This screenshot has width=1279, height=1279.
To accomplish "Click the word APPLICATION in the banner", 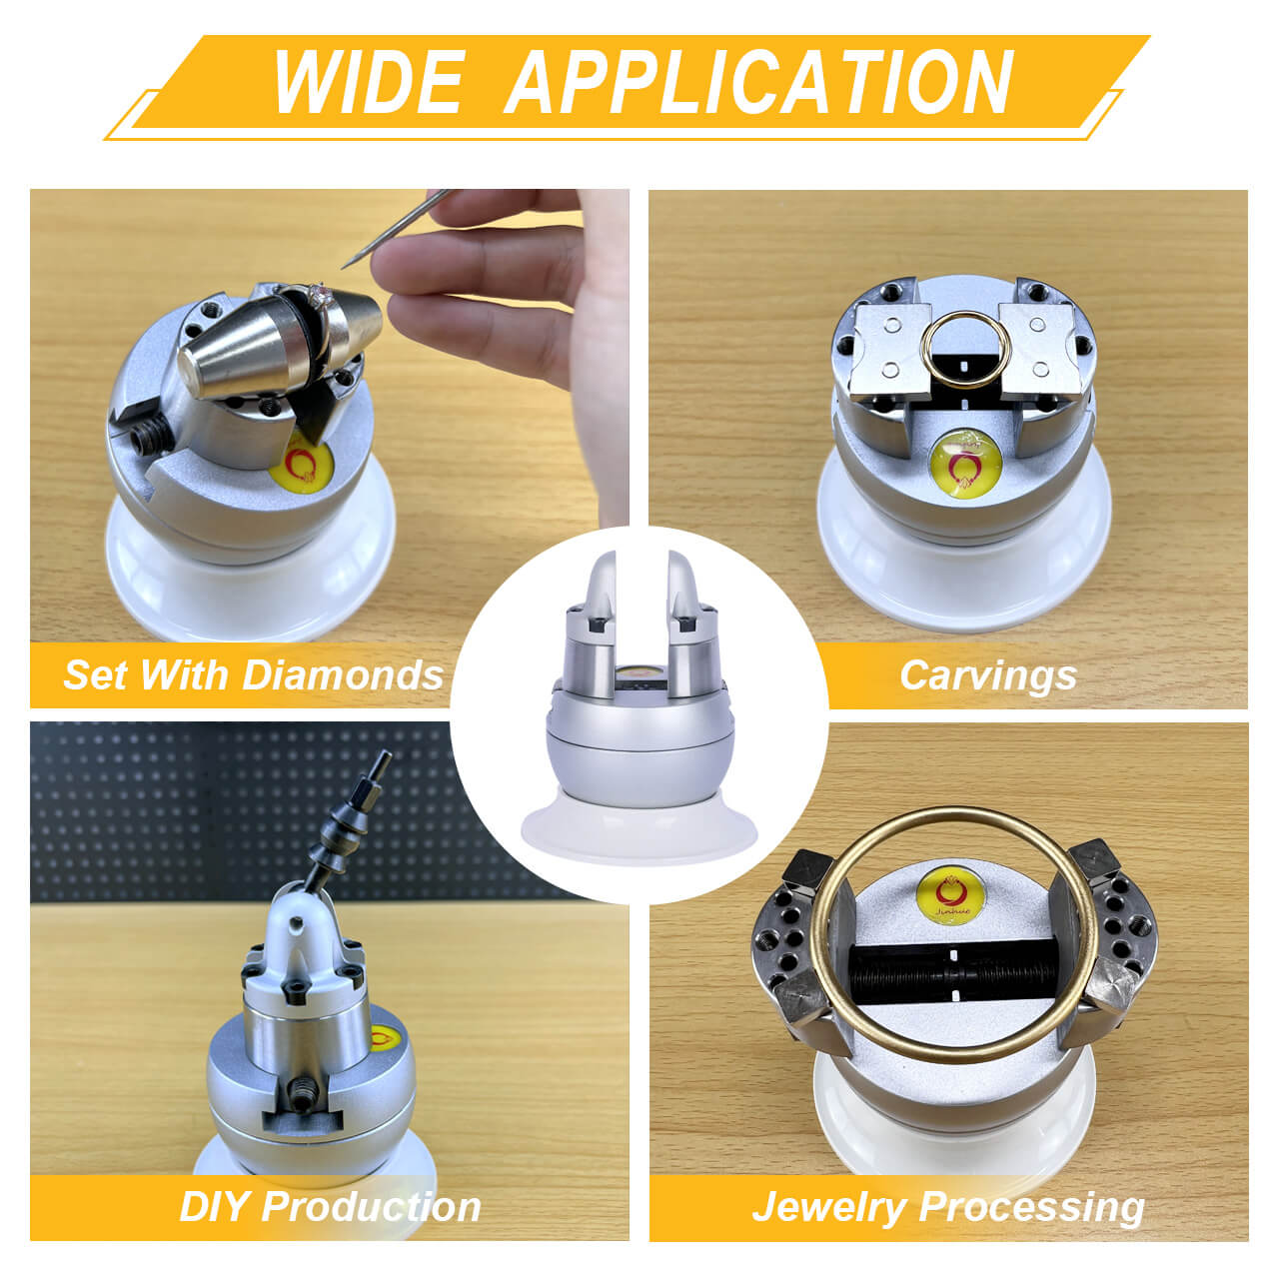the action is pyautogui.click(x=758, y=82).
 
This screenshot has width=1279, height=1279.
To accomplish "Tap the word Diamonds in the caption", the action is pyautogui.click(x=343, y=675).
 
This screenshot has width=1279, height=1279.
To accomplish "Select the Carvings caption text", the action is pyautogui.click(x=987, y=676).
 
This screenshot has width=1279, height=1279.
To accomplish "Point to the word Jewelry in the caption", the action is pyautogui.click(x=829, y=1208).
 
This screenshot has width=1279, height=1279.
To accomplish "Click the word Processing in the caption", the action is pyautogui.click(x=1031, y=1208).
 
